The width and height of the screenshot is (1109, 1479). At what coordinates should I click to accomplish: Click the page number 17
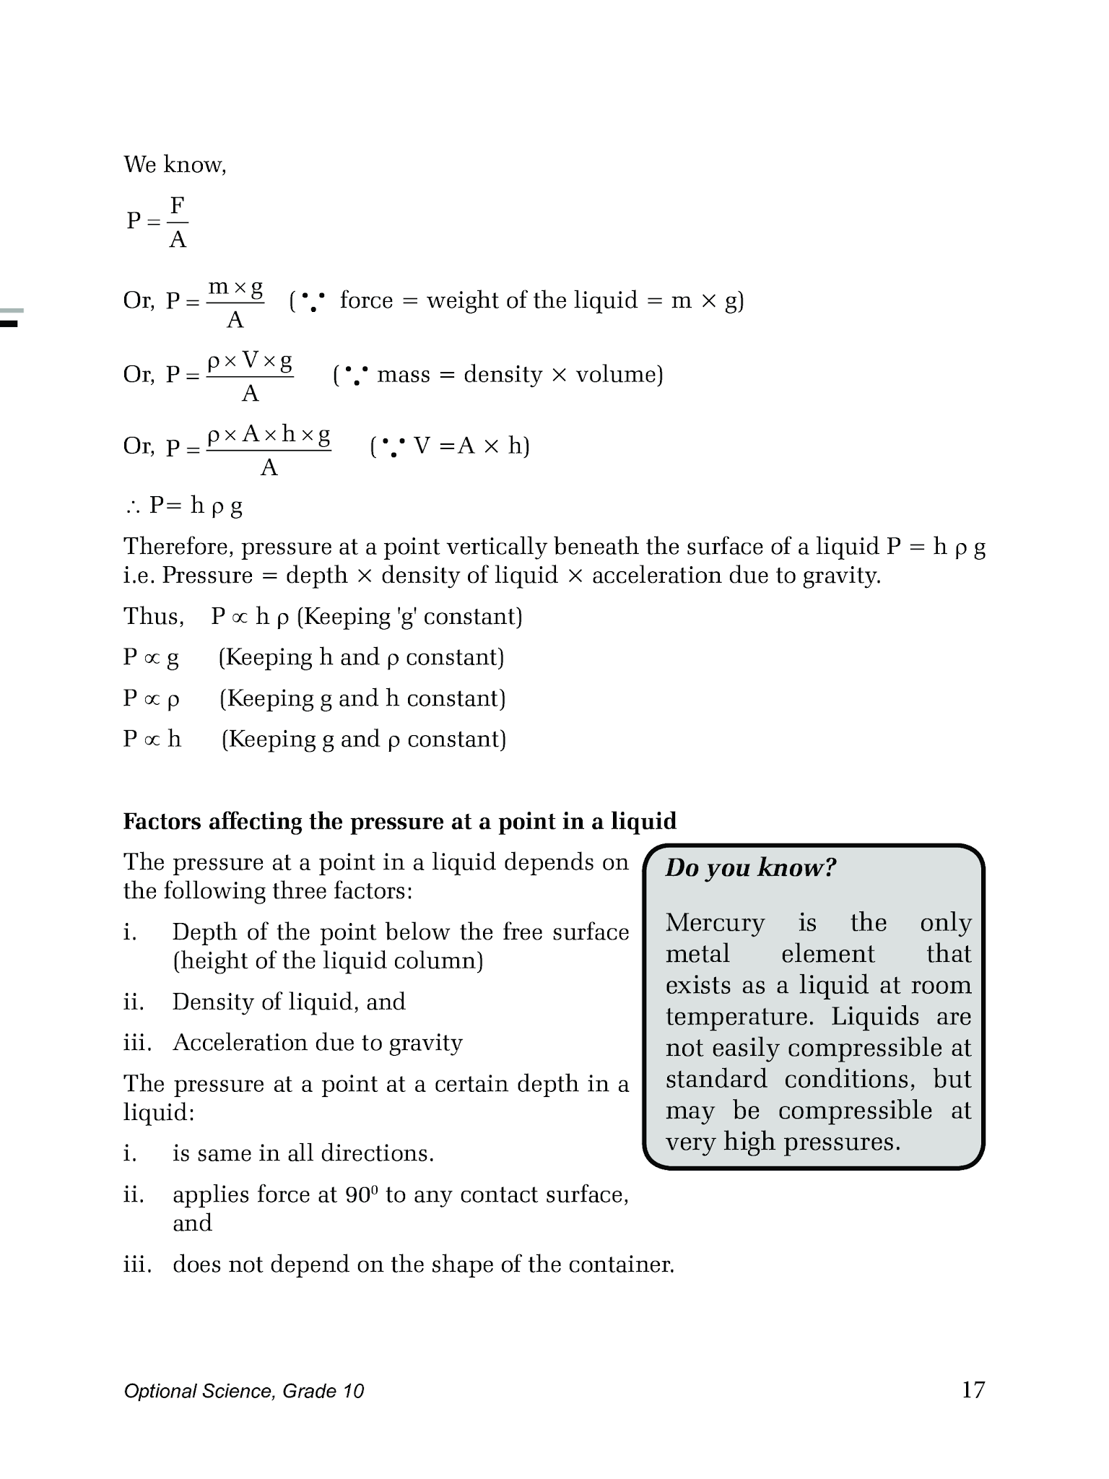(973, 1389)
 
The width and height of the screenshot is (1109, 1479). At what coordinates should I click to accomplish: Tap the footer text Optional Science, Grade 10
(243, 1392)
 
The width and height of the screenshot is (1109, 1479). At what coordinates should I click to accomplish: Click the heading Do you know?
(750, 867)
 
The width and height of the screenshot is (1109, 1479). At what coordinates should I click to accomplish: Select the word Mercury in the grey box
(715, 922)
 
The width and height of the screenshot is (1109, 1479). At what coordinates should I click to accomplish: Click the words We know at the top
(175, 165)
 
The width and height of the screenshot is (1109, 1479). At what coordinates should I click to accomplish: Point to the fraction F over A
(178, 222)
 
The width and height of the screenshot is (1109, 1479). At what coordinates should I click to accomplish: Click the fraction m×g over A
(235, 303)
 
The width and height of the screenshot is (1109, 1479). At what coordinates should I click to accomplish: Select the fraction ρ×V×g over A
(250, 376)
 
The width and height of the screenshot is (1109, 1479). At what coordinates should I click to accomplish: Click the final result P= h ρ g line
(185, 506)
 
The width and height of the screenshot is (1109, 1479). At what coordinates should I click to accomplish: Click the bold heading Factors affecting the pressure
(399, 822)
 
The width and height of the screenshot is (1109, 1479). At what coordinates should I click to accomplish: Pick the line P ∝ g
(151, 657)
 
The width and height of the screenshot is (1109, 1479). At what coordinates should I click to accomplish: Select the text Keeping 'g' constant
(409, 617)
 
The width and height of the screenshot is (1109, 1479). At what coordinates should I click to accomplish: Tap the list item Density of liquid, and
(289, 1002)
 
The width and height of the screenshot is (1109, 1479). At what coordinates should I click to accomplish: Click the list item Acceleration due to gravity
(318, 1043)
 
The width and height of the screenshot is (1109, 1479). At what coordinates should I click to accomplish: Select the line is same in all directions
(303, 1153)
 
